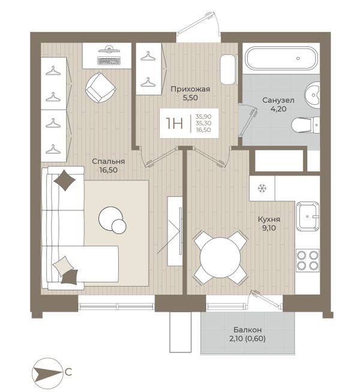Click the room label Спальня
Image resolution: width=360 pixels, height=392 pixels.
[109, 161]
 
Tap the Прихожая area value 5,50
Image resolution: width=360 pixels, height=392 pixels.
[190, 98]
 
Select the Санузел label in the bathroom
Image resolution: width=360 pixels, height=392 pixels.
[278, 101]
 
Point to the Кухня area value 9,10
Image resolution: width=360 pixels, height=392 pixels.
[269, 228]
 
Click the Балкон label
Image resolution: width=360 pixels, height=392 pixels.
[248, 330]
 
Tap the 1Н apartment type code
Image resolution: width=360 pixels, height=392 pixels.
[175, 123]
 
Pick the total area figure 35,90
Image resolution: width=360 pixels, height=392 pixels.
[203, 116]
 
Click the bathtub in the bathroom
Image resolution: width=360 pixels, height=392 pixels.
[281, 58]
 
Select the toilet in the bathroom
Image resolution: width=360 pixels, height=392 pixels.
[306, 125]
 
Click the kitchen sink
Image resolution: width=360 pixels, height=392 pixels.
[308, 216]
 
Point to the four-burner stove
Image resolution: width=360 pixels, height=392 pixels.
[307, 260]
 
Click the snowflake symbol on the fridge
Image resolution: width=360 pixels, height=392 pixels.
[262, 188]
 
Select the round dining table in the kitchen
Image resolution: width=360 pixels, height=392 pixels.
[220, 258]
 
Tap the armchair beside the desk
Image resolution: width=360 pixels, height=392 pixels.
[101, 88]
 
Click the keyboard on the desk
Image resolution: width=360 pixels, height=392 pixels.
[109, 61]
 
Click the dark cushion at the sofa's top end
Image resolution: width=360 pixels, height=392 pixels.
[65, 180]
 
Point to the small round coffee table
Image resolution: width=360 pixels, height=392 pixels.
[119, 227]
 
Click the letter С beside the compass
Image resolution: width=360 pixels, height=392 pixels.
[68, 372]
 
